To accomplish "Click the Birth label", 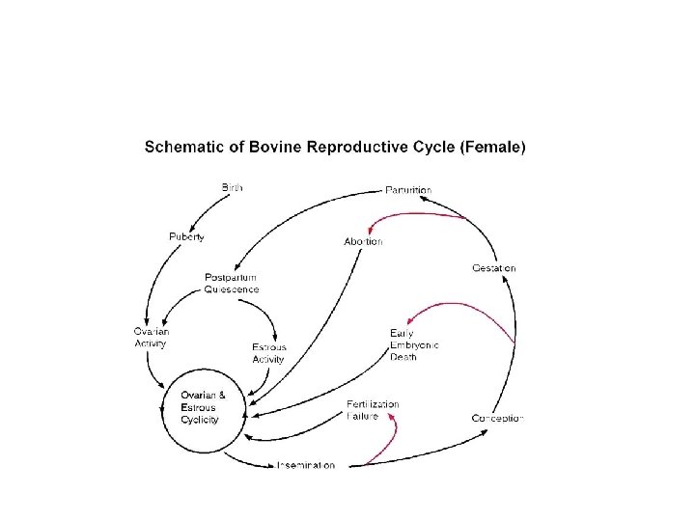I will pyautogui.click(x=233, y=186).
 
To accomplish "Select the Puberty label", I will pyautogui.click(x=186, y=236).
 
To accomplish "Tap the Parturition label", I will pyautogui.click(x=408, y=190).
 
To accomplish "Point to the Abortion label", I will pyautogui.click(x=363, y=241).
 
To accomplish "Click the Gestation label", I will pyautogui.click(x=494, y=267).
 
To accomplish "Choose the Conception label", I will pyautogui.click(x=497, y=418).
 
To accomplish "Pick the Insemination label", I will pyautogui.click(x=306, y=465).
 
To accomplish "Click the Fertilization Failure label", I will pyautogui.click(x=373, y=410).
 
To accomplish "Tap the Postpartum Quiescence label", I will pyautogui.click(x=232, y=283).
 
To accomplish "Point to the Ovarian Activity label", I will pyautogui.click(x=151, y=337).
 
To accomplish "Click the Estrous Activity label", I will pyautogui.click(x=268, y=353).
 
